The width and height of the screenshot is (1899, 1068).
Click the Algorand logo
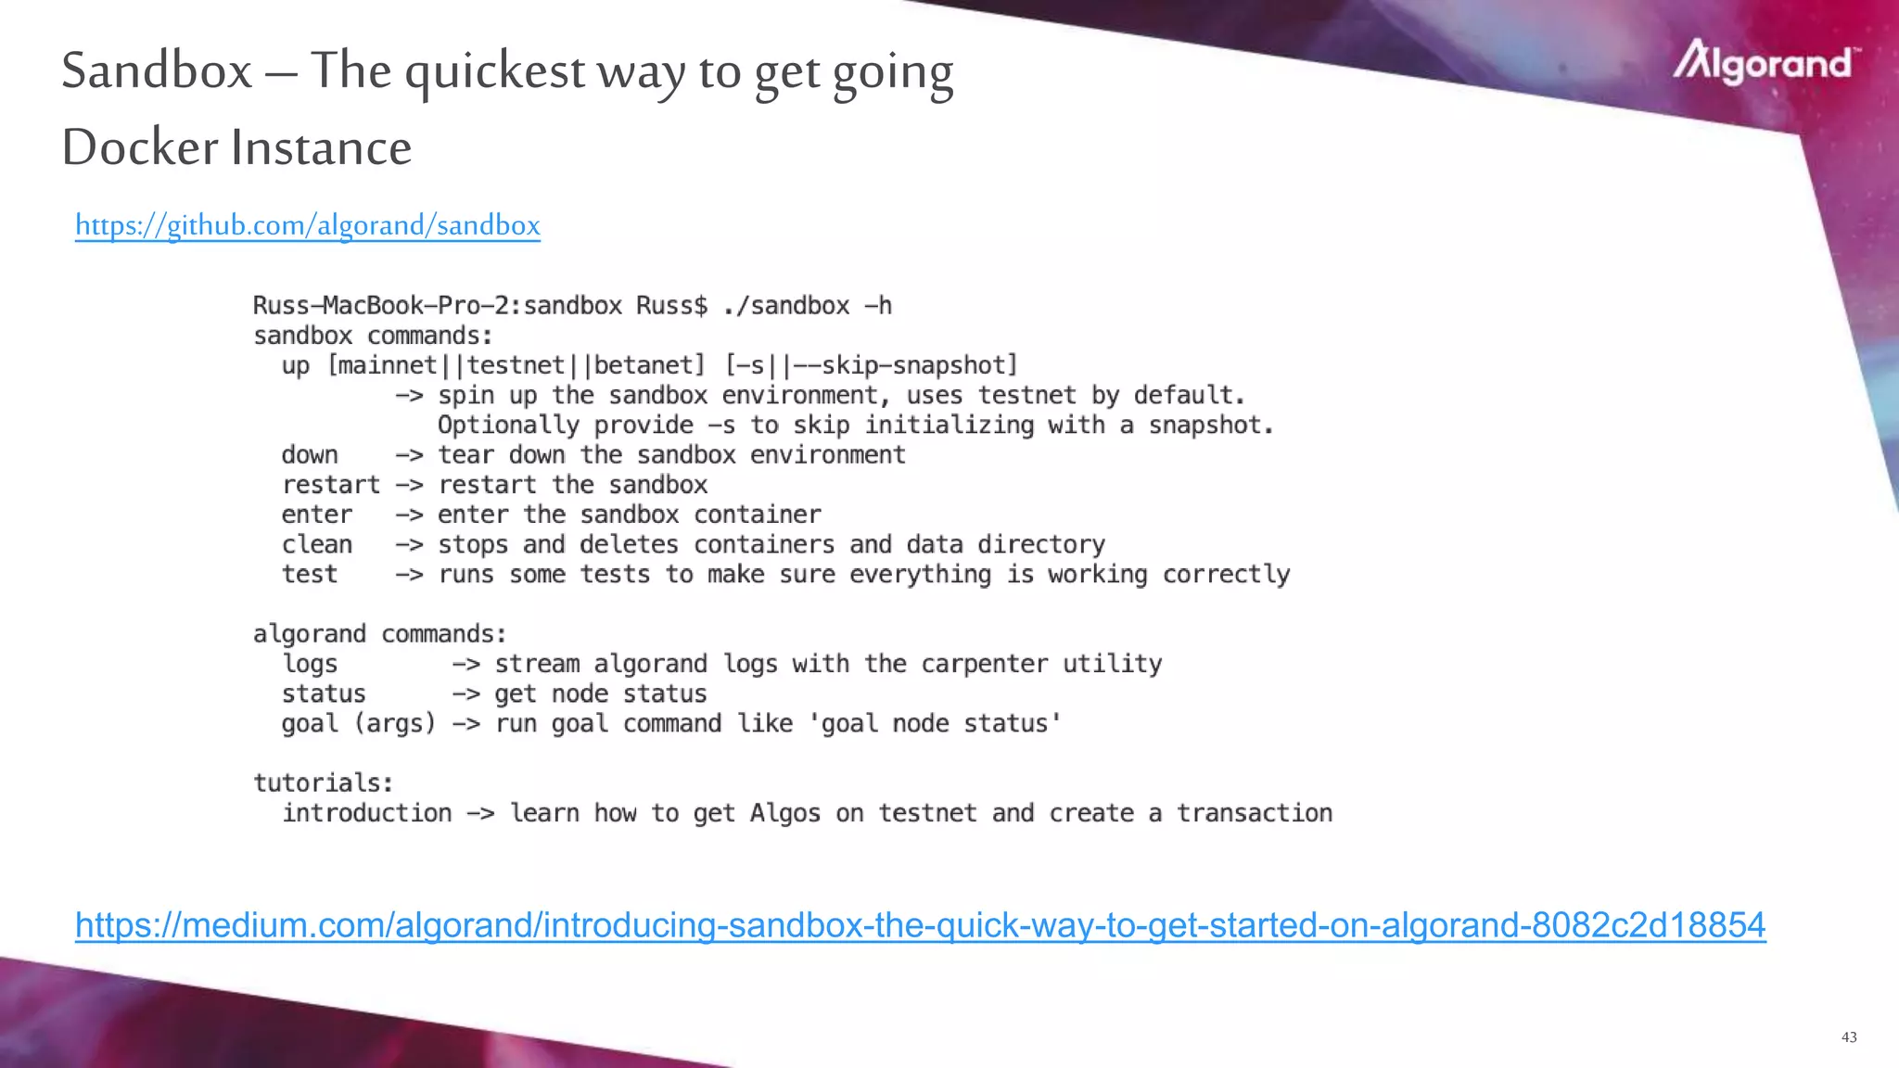pyautogui.click(x=1765, y=62)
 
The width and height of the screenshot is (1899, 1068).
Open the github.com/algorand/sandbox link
pyautogui.click(x=307, y=225)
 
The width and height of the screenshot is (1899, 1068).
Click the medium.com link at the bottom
pyautogui.click(x=920, y=925)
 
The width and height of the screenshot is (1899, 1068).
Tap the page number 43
pyautogui.click(x=1849, y=1037)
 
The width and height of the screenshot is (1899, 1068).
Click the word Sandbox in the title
pyautogui.click(x=157, y=70)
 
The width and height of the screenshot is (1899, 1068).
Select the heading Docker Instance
pyautogui.click(x=236, y=147)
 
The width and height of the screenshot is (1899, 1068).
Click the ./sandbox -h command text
pyautogui.click(x=807, y=306)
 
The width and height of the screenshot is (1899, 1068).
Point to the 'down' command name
pyautogui.click(x=310, y=455)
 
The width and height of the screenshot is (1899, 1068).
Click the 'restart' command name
pyautogui.click(x=331, y=485)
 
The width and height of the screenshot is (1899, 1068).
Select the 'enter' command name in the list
pyautogui.click(x=317, y=515)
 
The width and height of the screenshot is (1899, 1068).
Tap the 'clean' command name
pyautogui.click(x=317, y=544)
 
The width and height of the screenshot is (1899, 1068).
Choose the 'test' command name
pyautogui.click(x=310, y=575)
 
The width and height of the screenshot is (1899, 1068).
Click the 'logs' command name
pyautogui.click(x=310, y=664)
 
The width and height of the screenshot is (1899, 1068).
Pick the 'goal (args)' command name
pyautogui.click(x=358, y=723)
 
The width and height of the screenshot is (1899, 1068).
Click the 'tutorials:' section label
pyautogui.click(x=323, y=782)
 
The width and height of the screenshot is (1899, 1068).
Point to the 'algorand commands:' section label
pyautogui.click(x=379, y=634)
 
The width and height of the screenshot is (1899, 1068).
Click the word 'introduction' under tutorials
pyautogui.click(x=366, y=813)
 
